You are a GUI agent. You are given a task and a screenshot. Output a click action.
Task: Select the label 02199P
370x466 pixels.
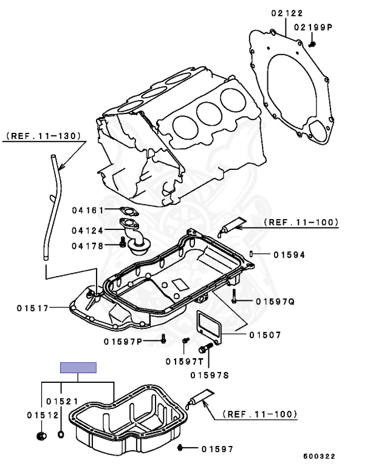point(313,27)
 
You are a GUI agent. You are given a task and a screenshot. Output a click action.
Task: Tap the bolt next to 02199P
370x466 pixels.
point(312,42)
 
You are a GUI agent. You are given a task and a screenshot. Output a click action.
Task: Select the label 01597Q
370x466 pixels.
point(275,301)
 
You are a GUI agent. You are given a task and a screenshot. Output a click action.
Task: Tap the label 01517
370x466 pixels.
point(32,308)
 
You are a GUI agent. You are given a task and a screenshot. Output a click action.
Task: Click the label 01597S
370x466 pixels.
point(209,375)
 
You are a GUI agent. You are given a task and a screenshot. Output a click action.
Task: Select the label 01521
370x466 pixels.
point(61,402)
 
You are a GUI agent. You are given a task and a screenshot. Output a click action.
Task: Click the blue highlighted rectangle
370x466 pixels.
point(78,367)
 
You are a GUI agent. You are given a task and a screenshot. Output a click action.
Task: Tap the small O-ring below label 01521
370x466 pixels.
point(61,434)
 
